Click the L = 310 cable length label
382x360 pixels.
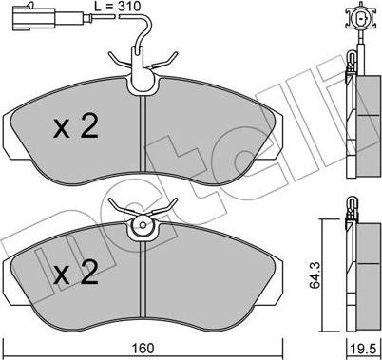pos(117,7)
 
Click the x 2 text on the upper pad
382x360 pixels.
pos(76,126)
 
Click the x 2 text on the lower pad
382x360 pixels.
pos(76,272)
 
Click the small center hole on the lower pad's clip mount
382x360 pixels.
pos(143,225)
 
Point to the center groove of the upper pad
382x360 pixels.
pos(143,134)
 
